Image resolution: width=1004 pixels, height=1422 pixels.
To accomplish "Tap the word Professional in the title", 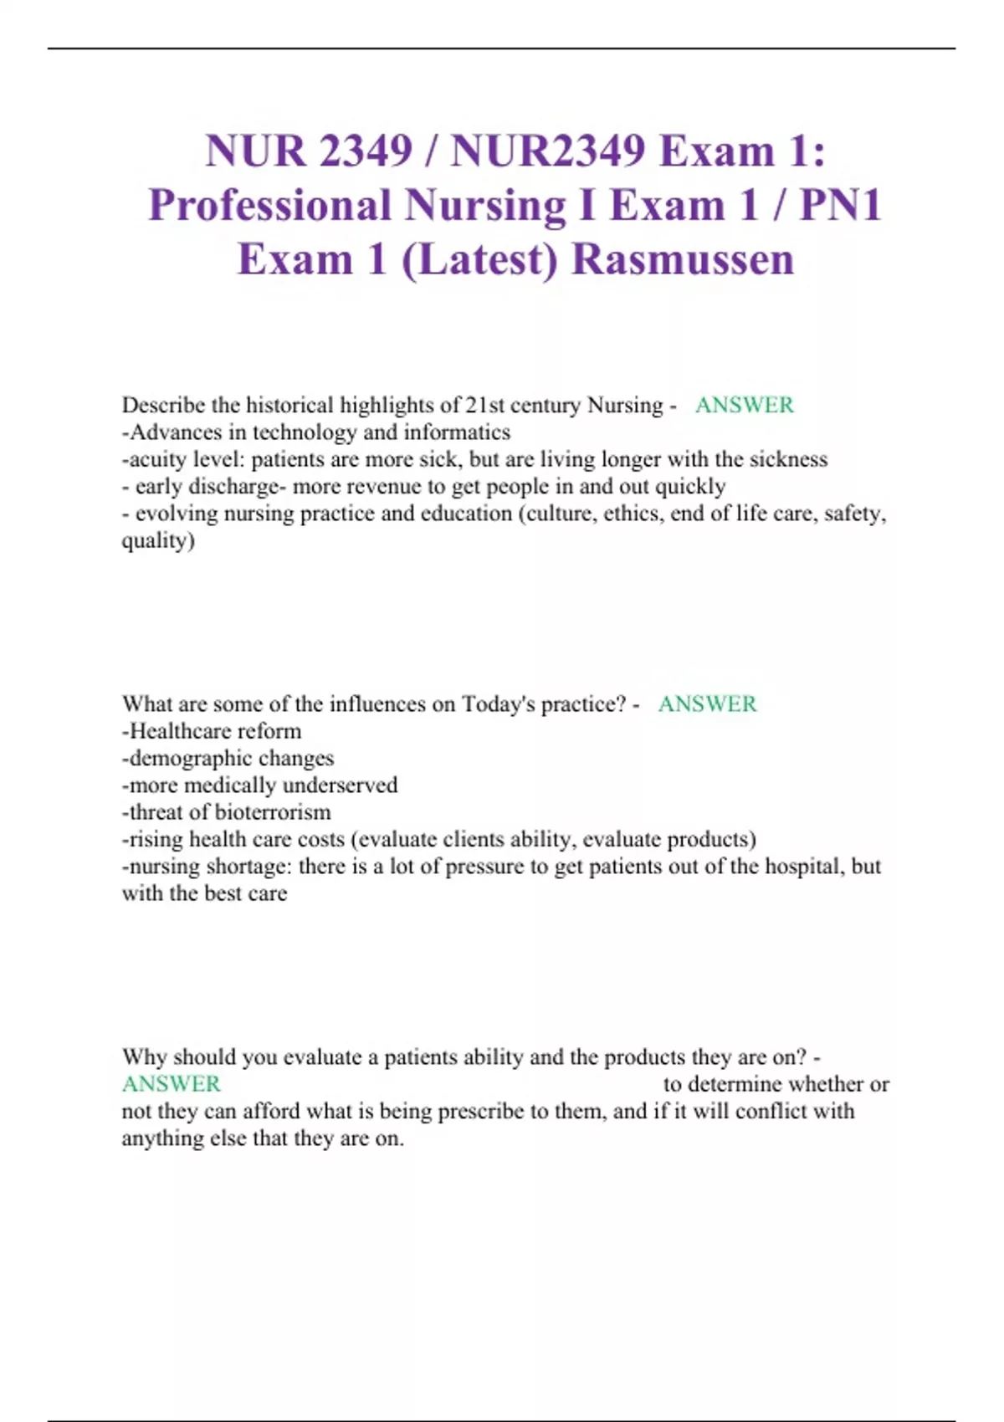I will [270, 206].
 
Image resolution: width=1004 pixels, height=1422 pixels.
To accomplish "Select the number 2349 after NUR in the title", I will [366, 151].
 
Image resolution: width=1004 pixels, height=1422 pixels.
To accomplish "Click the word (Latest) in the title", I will [479, 259].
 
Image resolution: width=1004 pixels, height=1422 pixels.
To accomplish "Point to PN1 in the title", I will [841, 206].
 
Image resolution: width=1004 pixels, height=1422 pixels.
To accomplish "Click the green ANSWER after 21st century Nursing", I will [744, 406].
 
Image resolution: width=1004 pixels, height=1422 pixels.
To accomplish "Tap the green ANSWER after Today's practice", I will [707, 704].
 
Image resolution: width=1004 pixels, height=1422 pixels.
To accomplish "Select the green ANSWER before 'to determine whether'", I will [172, 1084].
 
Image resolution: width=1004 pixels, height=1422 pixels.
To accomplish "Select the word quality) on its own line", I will [158, 541].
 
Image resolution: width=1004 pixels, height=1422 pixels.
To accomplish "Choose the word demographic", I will [190, 759].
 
